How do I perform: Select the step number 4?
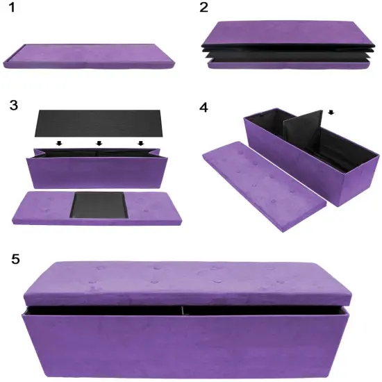point(203,107)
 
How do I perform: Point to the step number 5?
point(16,258)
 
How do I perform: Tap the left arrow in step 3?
point(58,144)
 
